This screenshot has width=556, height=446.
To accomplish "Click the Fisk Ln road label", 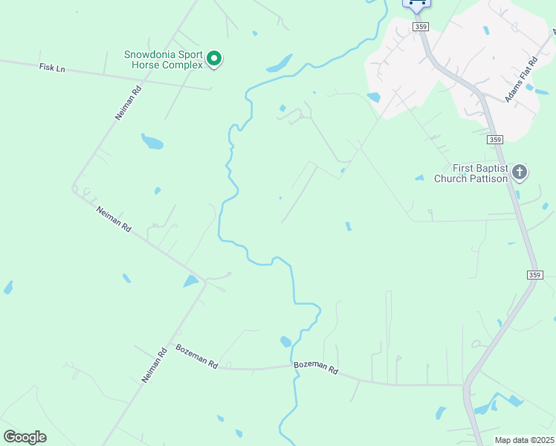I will [x=52, y=68].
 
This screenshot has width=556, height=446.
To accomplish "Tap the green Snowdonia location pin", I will [x=214, y=58].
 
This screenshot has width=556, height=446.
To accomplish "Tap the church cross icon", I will [x=520, y=173].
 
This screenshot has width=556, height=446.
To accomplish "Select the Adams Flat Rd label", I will [x=520, y=82].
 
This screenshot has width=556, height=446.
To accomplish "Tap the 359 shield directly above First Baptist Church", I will [x=496, y=139].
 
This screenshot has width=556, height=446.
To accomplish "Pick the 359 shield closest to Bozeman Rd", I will [x=535, y=275].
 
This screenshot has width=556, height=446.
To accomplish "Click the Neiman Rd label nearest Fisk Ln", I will [x=127, y=103].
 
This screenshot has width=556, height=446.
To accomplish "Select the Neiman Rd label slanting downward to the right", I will [x=114, y=219].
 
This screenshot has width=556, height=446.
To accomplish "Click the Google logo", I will [x=25, y=437].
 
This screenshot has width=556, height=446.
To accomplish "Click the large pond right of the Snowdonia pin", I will [x=280, y=64].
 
